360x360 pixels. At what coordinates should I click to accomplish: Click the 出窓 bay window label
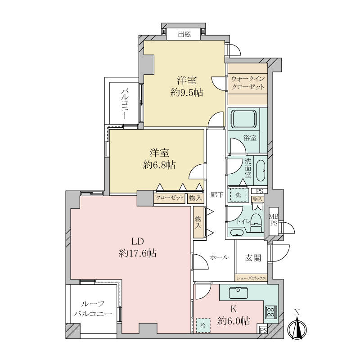[184, 35]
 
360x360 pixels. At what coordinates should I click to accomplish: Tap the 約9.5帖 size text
[187, 93]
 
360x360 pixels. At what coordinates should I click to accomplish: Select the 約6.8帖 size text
[160, 165]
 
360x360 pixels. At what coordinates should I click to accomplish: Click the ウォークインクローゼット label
[248, 83]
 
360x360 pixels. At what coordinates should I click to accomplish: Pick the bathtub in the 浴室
[244, 119]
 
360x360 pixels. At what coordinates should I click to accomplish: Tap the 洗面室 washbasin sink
[261, 171]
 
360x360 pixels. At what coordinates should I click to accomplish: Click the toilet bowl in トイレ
[256, 223]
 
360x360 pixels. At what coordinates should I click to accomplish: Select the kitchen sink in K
[238, 292]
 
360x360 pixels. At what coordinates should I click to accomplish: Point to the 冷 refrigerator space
[203, 325]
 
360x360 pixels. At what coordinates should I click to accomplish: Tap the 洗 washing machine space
[238, 195]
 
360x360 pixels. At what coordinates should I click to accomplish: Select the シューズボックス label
[251, 278]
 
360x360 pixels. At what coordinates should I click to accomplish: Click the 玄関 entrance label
[253, 258]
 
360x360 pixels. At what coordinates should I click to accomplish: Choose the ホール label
[219, 257]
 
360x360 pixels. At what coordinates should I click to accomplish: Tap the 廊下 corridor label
[217, 195]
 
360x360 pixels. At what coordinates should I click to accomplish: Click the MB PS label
[274, 220]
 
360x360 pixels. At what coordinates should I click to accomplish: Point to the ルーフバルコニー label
[93, 309]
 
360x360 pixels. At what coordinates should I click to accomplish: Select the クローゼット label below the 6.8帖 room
[170, 198]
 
